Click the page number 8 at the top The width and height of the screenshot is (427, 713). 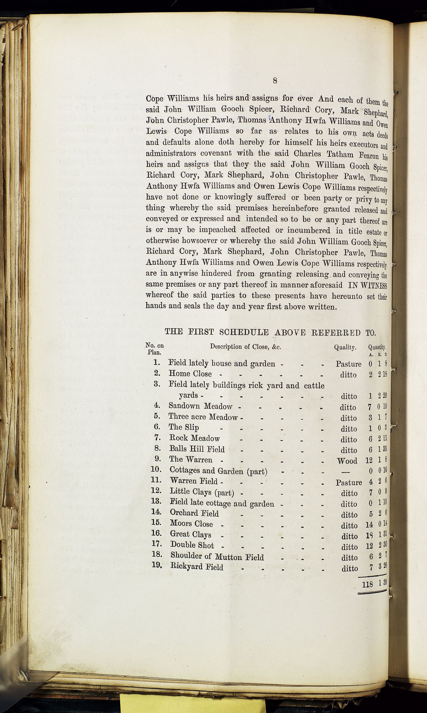(x=275, y=81)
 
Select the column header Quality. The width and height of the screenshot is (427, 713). (x=345, y=347)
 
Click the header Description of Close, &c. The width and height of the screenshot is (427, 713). (x=245, y=347)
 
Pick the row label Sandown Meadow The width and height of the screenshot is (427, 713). (x=200, y=406)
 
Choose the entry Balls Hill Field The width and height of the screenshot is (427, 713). (x=197, y=449)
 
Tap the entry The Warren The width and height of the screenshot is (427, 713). (x=191, y=459)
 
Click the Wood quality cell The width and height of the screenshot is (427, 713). (x=347, y=461)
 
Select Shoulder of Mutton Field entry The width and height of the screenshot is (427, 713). (x=217, y=557)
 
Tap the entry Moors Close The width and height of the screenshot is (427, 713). (x=191, y=524)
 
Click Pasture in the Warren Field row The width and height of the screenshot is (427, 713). (x=349, y=483)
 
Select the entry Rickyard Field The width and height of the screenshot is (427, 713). (x=197, y=567)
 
